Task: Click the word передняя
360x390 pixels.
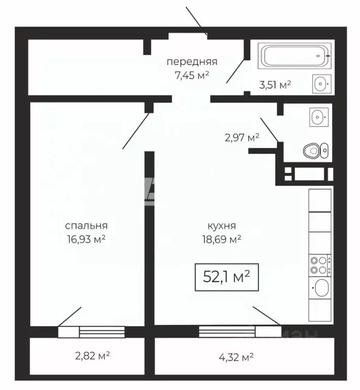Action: tap(192, 62)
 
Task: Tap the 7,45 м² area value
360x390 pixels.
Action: tap(192, 75)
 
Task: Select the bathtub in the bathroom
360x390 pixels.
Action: tap(294, 56)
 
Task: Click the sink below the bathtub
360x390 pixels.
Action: tap(322, 83)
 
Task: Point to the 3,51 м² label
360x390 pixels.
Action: tap(275, 84)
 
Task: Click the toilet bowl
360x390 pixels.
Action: tap(315, 150)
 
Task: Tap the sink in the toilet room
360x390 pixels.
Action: tap(319, 116)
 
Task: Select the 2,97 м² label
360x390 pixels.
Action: tap(242, 137)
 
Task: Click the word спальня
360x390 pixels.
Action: tap(86, 226)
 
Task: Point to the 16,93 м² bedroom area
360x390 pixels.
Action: tap(86, 239)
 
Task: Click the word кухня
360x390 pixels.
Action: tap(222, 226)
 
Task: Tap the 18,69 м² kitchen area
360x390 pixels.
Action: tap(222, 239)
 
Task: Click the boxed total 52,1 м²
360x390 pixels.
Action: tap(227, 277)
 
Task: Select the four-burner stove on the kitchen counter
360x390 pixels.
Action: tap(320, 265)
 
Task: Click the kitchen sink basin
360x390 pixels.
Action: tap(322, 287)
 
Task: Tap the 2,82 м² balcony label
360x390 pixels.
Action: tap(93, 355)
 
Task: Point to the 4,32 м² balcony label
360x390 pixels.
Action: tap(236, 357)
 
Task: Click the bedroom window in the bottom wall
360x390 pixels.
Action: tap(92, 332)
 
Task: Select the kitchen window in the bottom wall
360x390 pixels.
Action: tap(240, 332)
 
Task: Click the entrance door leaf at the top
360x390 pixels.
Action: tap(193, 17)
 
